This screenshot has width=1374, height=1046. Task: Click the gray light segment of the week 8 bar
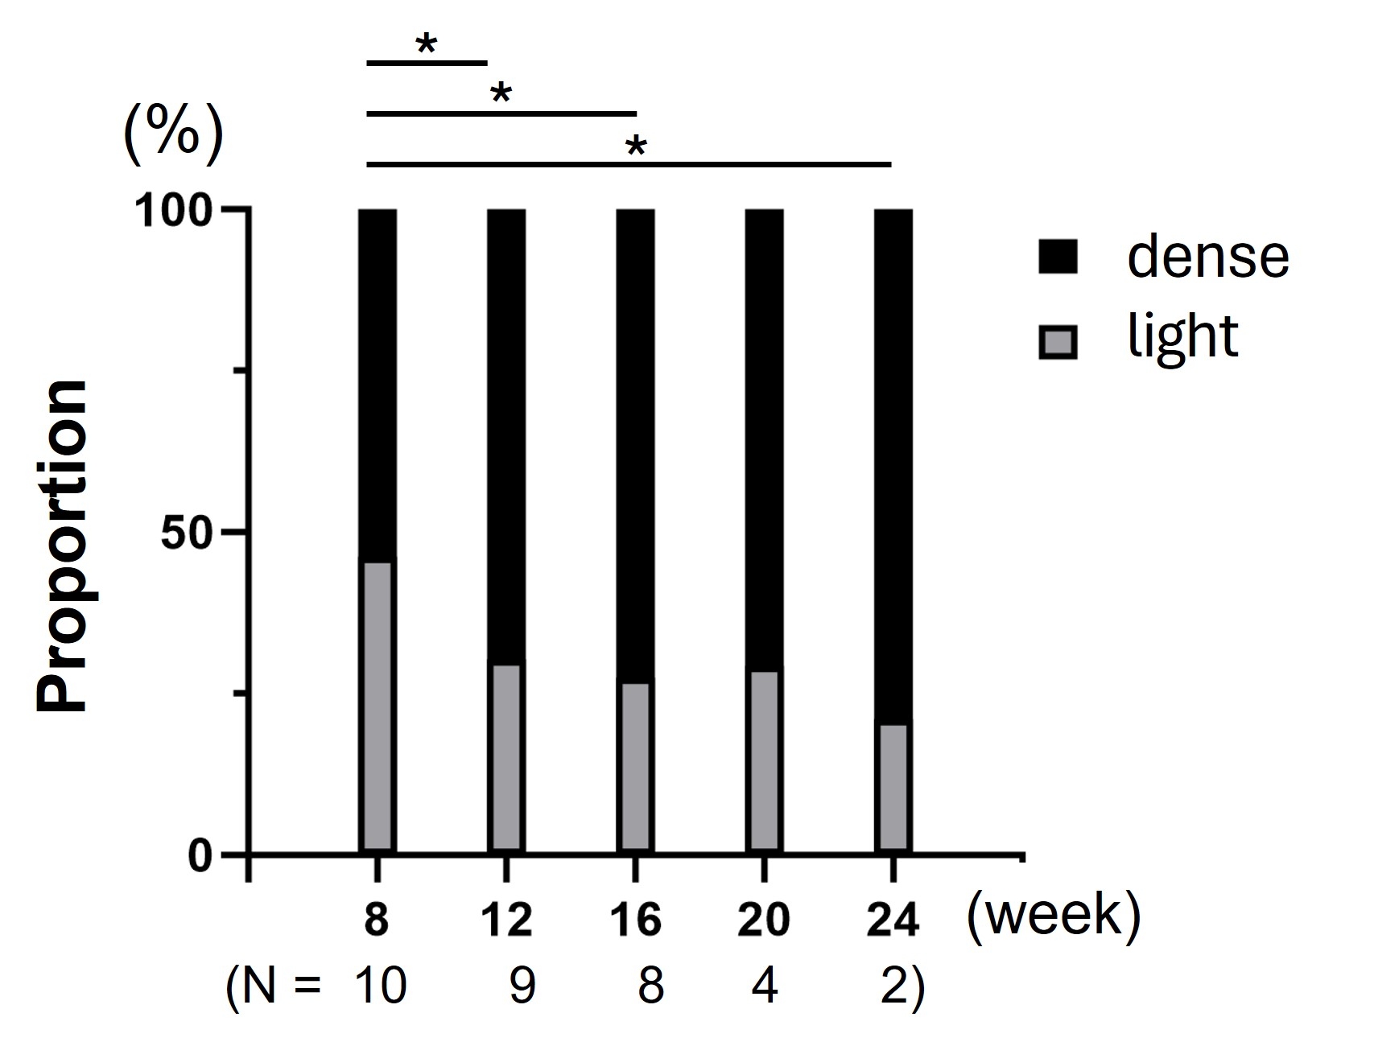click(x=377, y=706)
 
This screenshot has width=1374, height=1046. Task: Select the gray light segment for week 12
click(x=506, y=756)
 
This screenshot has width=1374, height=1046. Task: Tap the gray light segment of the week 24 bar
click(x=893, y=787)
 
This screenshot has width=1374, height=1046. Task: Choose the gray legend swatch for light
click(x=1058, y=343)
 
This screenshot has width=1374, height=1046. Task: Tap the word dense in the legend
click(x=1207, y=257)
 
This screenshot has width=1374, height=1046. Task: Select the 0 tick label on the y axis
click(x=201, y=856)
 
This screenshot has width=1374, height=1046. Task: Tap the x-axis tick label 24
click(x=893, y=920)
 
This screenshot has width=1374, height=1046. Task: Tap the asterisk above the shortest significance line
click(x=426, y=45)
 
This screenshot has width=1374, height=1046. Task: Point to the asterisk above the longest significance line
click(x=636, y=147)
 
